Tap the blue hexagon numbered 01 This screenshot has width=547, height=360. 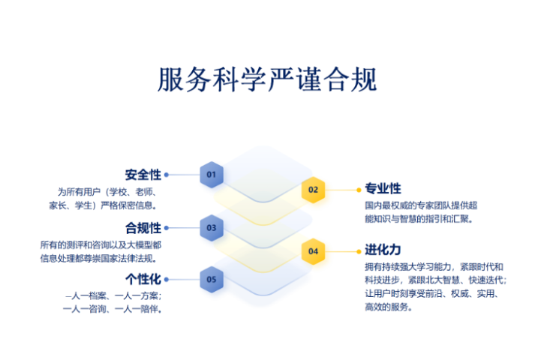212,175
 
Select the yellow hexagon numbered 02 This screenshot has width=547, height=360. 313,190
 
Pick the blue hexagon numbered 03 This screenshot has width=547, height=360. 212,227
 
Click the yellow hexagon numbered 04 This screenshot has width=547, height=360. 313,250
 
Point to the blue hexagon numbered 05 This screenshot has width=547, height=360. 212,280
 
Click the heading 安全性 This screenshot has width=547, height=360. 143,175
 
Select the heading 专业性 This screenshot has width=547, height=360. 383,188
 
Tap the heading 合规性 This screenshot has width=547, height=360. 143,227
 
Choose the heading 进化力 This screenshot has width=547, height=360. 383,250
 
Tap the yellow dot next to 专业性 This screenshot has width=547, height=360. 359,190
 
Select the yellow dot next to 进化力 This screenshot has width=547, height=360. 359,250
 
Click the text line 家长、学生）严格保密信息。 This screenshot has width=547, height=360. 108,205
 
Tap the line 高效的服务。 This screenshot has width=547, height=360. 389,307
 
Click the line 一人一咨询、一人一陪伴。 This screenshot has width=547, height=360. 113,308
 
